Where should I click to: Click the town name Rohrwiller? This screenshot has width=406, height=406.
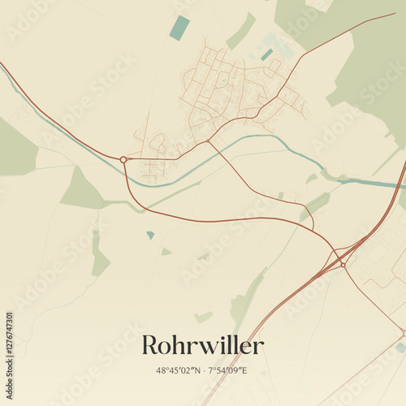point(202,346)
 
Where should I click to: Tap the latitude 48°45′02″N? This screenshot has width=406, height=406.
point(179,371)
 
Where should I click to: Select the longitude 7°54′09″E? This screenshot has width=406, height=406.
point(227,371)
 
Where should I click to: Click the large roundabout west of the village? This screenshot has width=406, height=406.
point(123,159)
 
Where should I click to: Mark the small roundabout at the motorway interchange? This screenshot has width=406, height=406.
point(343,264)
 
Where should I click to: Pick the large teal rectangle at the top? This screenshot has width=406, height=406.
point(179,28)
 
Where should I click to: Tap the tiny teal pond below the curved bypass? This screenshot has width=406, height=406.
point(150,235)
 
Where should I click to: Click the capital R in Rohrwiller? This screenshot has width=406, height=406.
point(151,346)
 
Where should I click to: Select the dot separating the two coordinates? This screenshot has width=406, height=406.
point(204,371)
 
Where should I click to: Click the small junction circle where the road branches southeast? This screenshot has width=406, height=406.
point(208,141)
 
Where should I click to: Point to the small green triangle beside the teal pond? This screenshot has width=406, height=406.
point(166,252)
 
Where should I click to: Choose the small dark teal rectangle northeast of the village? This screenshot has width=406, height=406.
point(266,54)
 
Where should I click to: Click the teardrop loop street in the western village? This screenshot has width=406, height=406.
point(157,142)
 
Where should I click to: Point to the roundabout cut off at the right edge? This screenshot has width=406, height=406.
point(404,332)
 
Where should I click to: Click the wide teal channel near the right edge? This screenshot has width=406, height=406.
point(374,183)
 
